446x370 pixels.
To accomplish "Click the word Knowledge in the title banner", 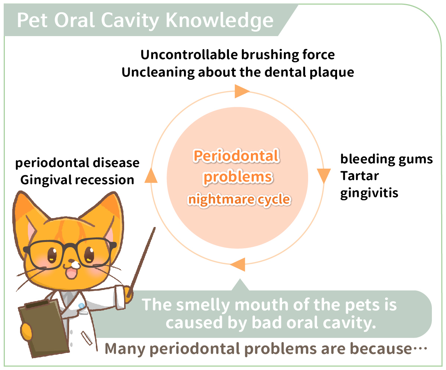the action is (219, 20).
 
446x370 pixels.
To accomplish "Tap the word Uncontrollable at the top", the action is (189, 55).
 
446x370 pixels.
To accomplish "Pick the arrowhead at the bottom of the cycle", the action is (238, 265).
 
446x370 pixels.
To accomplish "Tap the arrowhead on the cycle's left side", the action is (151, 175).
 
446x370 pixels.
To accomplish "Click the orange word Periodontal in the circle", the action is (236, 156).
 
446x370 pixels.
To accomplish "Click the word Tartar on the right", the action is (360, 176).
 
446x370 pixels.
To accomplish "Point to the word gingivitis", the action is (369, 193).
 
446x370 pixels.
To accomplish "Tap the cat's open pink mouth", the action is (72, 273).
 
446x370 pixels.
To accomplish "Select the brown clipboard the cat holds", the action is (43, 328).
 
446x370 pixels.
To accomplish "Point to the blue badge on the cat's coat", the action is (81, 306).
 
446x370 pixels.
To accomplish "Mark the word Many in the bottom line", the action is (125, 349).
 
